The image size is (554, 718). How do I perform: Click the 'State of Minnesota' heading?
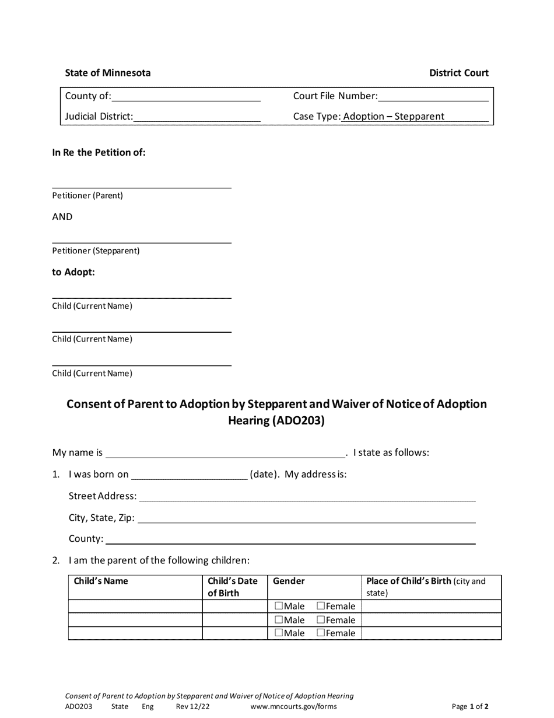(107, 73)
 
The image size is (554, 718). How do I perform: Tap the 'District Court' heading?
(459, 73)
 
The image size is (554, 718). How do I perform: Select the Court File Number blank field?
(433, 96)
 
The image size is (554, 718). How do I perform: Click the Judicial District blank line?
(197, 116)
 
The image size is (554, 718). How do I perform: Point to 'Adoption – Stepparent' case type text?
(394, 116)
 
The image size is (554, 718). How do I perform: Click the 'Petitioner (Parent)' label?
(87, 196)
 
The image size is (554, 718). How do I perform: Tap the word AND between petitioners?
(62, 217)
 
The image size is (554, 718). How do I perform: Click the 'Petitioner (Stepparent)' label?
(96, 251)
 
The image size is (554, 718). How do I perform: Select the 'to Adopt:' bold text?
(73, 272)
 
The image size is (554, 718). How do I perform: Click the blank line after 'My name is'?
(225, 453)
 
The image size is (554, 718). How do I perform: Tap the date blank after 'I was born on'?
(190, 475)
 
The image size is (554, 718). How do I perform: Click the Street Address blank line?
(307, 496)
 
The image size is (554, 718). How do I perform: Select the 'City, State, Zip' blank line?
(307, 518)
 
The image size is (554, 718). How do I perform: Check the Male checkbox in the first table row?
(279, 606)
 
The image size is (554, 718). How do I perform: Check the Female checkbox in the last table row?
(321, 633)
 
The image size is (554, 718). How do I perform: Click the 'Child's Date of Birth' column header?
(233, 587)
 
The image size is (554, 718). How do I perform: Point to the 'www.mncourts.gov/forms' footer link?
(293, 706)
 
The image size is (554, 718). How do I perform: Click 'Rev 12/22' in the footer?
(192, 706)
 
